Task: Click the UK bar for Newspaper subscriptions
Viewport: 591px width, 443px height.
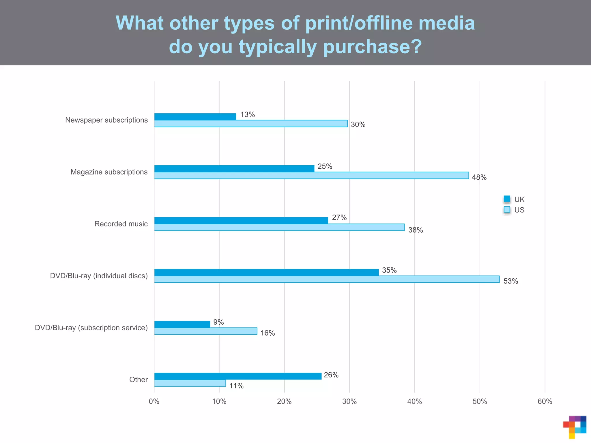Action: pos(195,117)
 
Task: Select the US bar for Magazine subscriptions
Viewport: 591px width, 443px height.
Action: pos(311,175)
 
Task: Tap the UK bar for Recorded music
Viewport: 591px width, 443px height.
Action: pos(241,220)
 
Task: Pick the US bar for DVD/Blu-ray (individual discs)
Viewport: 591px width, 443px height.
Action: pos(327,279)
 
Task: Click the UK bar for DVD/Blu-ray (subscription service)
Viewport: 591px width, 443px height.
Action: pos(182,324)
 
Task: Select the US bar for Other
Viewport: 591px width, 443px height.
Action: pos(190,383)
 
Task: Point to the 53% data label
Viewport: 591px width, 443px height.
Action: pos(510,281)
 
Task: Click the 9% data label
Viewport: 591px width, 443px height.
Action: pos(218,322)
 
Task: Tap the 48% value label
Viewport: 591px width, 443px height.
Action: pos(479,177)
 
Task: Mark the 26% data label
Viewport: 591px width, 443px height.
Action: pos(331,375)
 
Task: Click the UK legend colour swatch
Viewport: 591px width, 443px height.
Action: pos(507,199)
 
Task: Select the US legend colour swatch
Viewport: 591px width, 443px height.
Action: pos(507,210)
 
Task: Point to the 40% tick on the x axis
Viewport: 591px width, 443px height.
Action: pos(414,401)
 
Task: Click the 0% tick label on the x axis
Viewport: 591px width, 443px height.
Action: pos(154,401)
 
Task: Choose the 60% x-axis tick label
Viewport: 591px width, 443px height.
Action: pos(545,401)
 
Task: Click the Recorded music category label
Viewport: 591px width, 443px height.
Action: pos(121,224)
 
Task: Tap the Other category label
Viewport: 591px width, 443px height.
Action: pos(139,380)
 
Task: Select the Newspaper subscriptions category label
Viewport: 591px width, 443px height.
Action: pos(106,120)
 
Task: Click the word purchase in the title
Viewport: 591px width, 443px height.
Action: pos(372,47)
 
